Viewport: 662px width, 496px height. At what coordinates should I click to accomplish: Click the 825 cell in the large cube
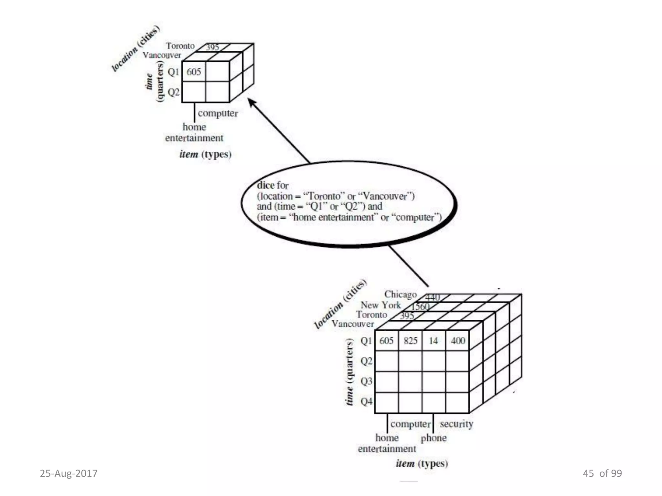411,341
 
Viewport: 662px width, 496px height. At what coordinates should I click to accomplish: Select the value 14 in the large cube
433,341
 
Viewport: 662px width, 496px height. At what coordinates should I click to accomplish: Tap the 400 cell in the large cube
458,341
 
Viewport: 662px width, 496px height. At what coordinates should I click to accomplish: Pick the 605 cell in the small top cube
194,72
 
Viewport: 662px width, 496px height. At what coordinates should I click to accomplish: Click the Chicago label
400,294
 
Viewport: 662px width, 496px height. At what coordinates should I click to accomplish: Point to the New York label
380,305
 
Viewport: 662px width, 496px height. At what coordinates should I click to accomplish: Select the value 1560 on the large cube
420,306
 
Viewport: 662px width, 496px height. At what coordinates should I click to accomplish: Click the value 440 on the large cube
432,297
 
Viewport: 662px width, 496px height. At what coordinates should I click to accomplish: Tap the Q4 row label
366,401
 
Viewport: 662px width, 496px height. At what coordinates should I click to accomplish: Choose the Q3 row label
366,381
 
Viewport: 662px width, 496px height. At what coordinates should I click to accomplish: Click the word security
456,424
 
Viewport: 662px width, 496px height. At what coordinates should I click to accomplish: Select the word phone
433,438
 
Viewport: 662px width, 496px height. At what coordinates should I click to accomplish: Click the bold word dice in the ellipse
265,185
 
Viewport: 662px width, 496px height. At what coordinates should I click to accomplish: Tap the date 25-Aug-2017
69,473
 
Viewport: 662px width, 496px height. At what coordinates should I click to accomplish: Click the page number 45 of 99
602,473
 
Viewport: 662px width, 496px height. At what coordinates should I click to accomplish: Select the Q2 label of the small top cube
173,92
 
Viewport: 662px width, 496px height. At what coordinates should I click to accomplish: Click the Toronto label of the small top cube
180,46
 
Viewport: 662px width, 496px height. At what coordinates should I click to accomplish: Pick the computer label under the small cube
218,113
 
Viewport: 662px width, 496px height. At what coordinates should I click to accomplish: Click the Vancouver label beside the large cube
353,324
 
